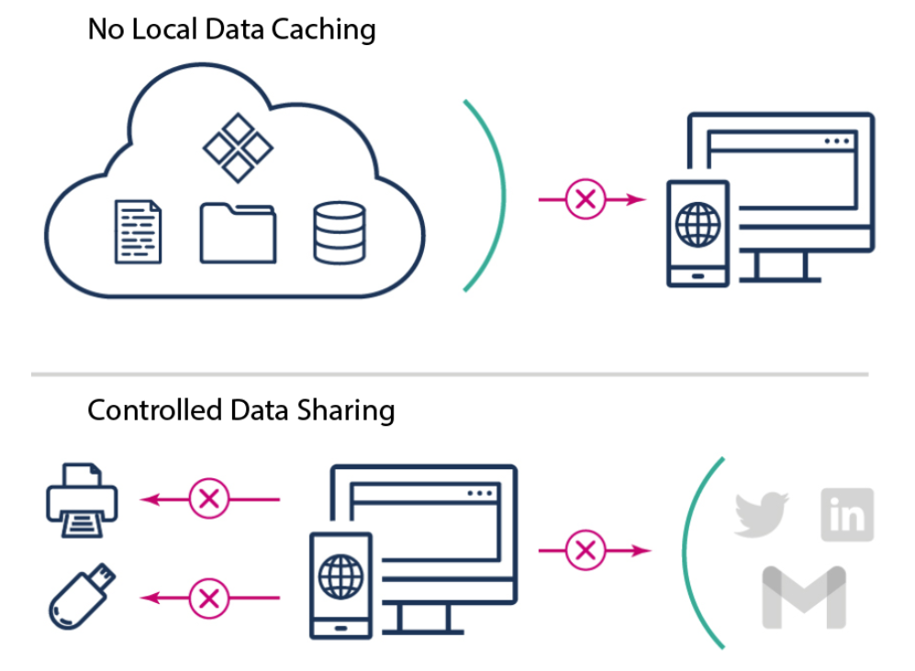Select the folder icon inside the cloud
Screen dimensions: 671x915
[238, 232]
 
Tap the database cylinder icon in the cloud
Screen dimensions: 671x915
[339, 232]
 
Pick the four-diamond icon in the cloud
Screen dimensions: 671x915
[238, 147]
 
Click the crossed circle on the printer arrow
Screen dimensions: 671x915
[209, 499]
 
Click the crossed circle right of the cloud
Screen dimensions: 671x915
[586, 198]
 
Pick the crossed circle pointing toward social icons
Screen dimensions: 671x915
[586, 551]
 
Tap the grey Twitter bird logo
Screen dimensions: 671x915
[762, 514]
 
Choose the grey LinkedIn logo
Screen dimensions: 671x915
[847, 515]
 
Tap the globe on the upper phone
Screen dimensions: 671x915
[697, 223]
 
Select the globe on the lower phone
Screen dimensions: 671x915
[341, 576]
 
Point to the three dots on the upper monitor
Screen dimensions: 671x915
[837, 141]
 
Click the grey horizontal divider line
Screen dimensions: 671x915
[450, 375]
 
